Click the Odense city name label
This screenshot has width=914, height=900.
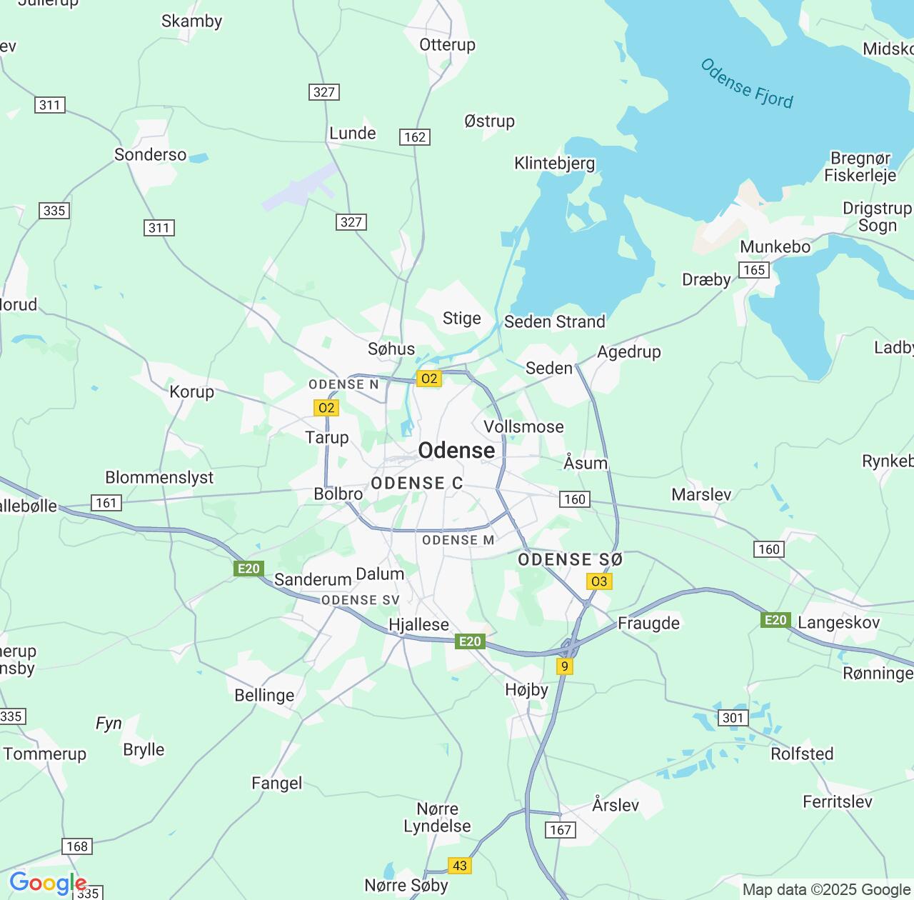[456, 451]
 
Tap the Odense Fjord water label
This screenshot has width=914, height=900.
[746, 84]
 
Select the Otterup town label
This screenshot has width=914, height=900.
[447, 45]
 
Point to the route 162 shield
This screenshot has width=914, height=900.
[415, 137]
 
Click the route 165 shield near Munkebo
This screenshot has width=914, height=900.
[754, 270]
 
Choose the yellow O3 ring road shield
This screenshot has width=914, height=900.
[598, 581]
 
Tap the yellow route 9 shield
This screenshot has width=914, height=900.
[565, 666]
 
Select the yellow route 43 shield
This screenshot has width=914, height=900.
[460, 866]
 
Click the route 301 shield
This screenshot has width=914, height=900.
[733, 718]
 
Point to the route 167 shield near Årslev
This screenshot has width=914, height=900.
[561, 829]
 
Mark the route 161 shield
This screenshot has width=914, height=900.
[106, 503]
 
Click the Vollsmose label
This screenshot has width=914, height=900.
[523, 427]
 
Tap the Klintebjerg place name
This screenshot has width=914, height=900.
[554, 164]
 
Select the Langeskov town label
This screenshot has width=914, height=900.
[838, 623]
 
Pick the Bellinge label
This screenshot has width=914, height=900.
[264, 696]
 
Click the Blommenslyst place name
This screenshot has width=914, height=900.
[159, 478]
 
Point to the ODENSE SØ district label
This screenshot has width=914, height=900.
[570, 560]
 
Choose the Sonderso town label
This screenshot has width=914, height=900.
[150, 155]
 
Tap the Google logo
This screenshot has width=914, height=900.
[47, 884]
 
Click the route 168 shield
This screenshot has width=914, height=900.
[77, 846]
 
